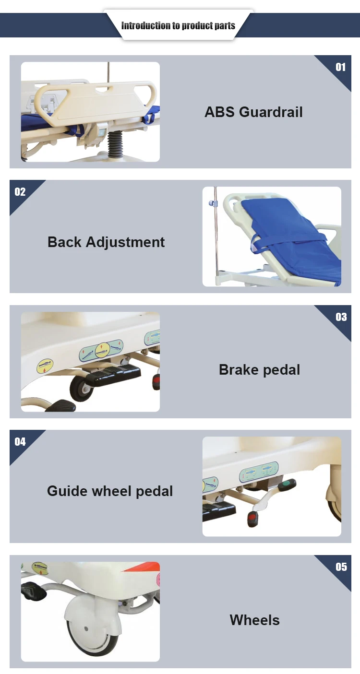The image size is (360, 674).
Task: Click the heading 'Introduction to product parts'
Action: [178, 26]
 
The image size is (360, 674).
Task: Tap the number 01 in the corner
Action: [341, 67]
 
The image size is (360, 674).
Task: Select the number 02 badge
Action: [20, 192]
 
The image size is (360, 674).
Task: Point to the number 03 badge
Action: [341, 317]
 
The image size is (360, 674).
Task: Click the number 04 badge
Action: [20, 442]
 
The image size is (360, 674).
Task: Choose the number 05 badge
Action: [341, 567]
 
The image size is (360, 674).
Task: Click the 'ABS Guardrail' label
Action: [253, 112]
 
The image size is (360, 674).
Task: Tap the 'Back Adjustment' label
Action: [106, 243]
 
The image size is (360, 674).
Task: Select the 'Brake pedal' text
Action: [260, 370]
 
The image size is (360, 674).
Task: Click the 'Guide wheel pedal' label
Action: [110, 491]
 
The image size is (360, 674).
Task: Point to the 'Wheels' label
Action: [255, 620]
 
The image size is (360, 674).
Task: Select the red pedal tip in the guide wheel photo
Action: [252, 519]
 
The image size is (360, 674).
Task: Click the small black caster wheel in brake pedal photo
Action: [81, 388]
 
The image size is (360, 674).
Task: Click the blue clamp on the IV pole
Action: [213, 203]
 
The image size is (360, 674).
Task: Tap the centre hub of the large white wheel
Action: [86, 628]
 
